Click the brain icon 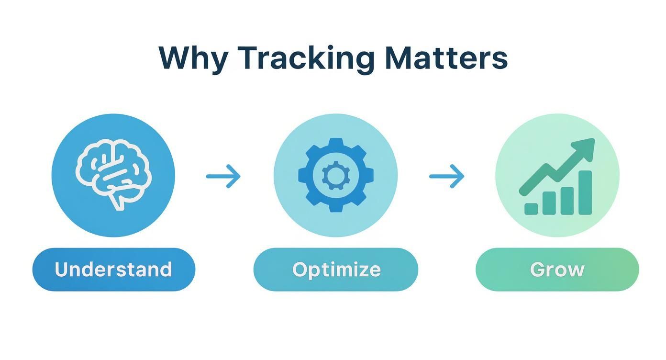tap(113, 170)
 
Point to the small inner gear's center tap(335, 176)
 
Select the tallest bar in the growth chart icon tap(585, 192)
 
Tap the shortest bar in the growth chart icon tap(531, 209)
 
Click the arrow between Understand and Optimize tap(223, 176)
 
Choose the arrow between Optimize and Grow tap(446, 176)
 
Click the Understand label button tap(113, 270)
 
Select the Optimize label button tap(335, 270)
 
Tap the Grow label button tap(557, 270)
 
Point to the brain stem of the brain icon tap(116, 201)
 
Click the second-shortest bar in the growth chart tap(549, 203)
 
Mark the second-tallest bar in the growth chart tap(567, 201)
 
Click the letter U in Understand tap(61, 270)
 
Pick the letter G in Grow tap(538, 270)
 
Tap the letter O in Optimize tap(300, 270)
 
